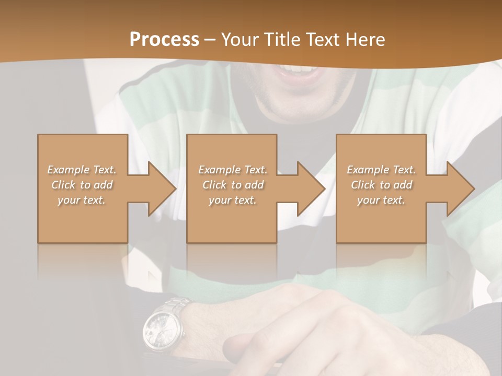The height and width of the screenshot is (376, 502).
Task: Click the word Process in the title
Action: [164, 39]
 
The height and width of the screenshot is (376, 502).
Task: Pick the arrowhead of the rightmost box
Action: [460, 189]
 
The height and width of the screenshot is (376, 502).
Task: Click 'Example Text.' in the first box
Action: [82, 170]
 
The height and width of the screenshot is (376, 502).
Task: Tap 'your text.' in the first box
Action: [82, 200]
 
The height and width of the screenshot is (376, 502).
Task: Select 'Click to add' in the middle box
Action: [233, 185]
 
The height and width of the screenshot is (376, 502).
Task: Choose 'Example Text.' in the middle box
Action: [233, 170]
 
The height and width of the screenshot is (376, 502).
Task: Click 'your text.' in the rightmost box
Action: [381, 200]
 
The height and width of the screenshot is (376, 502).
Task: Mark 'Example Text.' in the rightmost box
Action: [381, 170]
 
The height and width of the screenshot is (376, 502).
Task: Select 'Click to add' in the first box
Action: [82, 185]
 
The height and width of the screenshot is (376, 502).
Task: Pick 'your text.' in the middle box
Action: [233, 200]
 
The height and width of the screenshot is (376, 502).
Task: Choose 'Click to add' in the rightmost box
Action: [381, 185]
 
